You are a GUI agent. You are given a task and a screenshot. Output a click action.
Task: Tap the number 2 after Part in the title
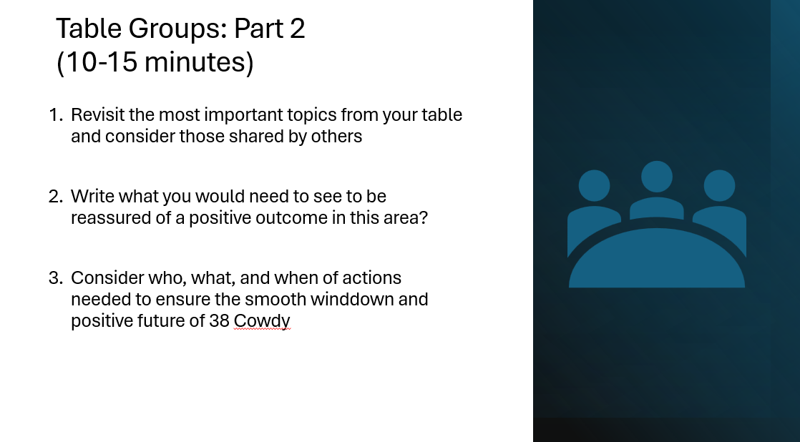click(x=298, y=29)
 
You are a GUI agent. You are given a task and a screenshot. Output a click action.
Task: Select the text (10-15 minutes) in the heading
click(x=155, y=62)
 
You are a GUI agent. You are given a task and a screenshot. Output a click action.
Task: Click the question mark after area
click(x=423, y=217)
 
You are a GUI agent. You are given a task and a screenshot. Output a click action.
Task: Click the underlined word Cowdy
click(x=262, y=322)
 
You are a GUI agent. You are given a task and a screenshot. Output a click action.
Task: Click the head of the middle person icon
click(x=657, y=177)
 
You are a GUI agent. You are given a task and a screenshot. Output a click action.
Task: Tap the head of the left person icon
click(x=595, y=185)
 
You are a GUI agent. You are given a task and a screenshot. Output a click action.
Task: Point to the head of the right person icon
click(x=719, y=185)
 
